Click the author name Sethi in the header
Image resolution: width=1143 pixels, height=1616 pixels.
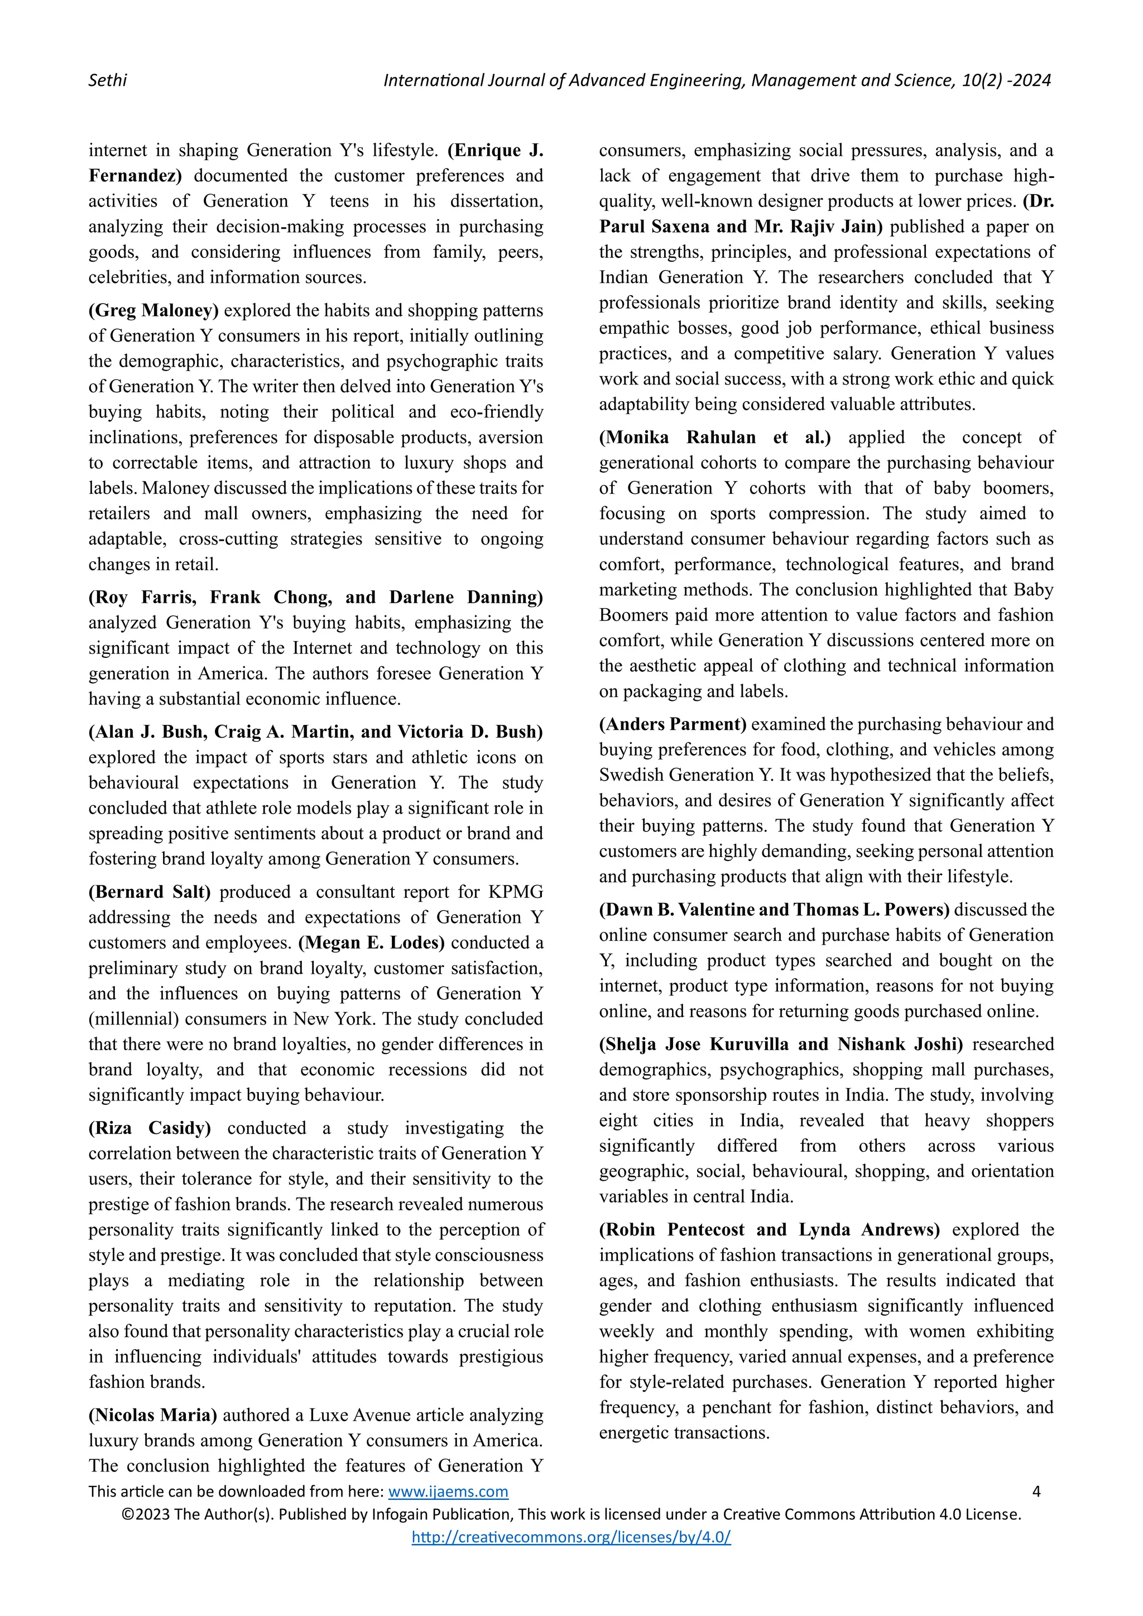tap(108, 80)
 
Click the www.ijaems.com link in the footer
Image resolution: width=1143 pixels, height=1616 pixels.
tap(448, 1492)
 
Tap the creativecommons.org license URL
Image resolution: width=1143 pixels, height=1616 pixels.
tap(571, 1537)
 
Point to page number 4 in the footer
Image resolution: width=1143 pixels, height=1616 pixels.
tap(1035, 1492)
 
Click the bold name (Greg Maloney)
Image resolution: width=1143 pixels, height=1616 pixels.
tap(153, 310)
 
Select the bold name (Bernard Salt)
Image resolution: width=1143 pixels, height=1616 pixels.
tap(149, 892)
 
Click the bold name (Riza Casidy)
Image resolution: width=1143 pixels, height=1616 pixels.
tap(149, 1128)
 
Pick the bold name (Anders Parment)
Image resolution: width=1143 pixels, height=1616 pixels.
tap(672, 724)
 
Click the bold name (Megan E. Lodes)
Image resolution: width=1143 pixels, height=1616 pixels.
tap(372, 942)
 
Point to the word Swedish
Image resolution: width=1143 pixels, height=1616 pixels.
tap(631, 775)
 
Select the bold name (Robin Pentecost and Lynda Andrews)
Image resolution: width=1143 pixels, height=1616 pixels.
tap(769, 1230)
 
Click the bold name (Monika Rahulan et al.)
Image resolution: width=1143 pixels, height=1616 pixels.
tap(714, 437)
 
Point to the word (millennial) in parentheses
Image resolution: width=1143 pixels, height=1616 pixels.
tap(132, 1018)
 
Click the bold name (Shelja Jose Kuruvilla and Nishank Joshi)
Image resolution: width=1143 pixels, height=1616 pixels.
tap(781, 1044)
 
